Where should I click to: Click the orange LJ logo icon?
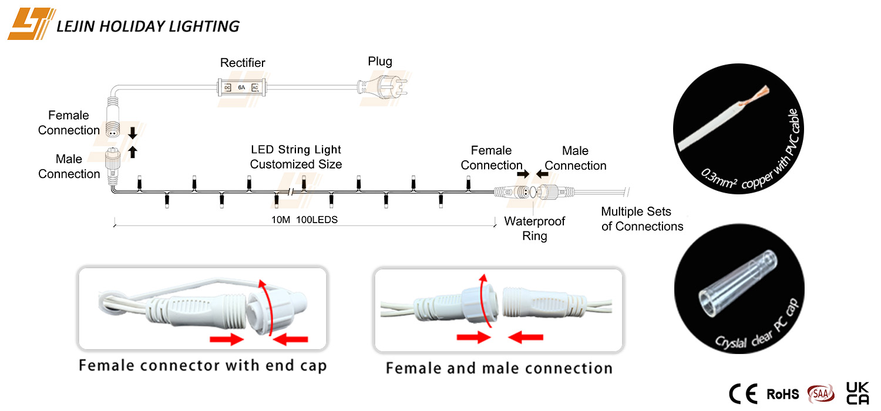(x=31, y=23)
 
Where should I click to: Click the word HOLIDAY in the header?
(x=132, y=26)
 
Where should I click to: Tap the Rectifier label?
(x=242, y=63)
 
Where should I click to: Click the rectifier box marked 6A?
(x=241, y=87)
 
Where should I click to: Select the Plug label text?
(x=380, y=61)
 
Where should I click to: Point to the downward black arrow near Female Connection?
(x=133, y=133)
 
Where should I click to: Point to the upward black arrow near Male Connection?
(x=133, y=152)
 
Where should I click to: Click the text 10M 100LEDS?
(x=304, y=220)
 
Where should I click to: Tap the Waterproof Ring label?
(x=534, y=228)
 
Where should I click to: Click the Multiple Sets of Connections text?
(x=642, y=218)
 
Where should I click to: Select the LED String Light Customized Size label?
(x=296, y=157)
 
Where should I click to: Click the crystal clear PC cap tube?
(x=738, y=283)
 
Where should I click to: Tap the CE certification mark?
(x=743, y=394)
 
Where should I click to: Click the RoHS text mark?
(x=783, y=394)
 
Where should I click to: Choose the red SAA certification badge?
(x=821, y=394)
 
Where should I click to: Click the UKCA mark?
(x=858, y=393)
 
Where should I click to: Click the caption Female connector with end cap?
(x=203, y=366)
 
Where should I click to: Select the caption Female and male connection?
(x=499, y=368)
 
